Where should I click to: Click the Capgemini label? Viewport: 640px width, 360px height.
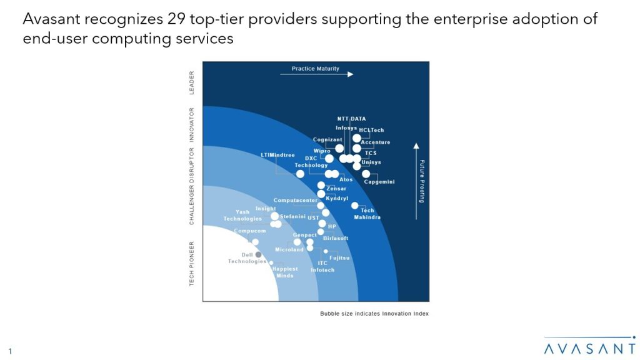coord(379,182)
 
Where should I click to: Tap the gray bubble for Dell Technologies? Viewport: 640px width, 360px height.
coord(258,254)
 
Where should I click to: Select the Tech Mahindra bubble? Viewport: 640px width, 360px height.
coord(354,205)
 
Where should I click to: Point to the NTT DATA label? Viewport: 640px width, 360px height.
coord(351,119)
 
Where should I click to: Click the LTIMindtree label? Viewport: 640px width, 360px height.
coord(277,154)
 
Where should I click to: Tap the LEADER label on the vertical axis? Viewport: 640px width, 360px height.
coord(192,82)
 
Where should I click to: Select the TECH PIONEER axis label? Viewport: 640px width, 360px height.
coord(192,263)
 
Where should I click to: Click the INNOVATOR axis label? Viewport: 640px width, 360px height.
coord(192,124)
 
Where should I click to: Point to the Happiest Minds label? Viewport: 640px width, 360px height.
coord(284,272)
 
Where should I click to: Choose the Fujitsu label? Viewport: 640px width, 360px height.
coord(339,257)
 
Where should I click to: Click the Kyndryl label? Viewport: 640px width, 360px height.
coord(337,198)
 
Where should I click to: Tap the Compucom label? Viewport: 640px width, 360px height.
coord(249,231)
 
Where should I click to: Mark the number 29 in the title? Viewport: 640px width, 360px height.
coord(177,19)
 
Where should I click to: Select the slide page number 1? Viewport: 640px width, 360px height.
coord(10,351)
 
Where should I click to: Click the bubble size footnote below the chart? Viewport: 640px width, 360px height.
coord(374,313)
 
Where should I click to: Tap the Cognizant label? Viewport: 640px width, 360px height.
coord(327,139)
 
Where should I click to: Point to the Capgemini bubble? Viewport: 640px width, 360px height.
coord(366,174)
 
